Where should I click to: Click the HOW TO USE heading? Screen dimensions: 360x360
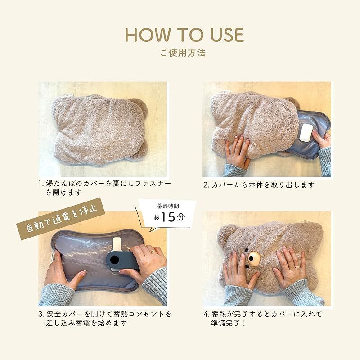[184, 35]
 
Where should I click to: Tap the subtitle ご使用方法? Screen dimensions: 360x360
[183, 53]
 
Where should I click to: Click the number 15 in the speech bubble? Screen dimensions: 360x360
[168, 217]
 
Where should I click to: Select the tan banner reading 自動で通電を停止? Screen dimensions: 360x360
[61, 218]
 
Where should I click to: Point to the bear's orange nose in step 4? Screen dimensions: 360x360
[253, 258]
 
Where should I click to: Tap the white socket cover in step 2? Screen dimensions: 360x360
[305, 132]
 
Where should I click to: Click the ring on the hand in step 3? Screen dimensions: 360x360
[153, 251]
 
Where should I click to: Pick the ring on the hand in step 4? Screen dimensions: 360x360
[297, 267]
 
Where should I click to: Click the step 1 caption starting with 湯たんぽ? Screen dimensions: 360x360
[105, 188]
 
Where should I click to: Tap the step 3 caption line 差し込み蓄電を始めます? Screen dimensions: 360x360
[86, 323]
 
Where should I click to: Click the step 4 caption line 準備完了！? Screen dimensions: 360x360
[229, 323]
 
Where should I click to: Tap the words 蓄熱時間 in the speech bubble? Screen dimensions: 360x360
[168, 206]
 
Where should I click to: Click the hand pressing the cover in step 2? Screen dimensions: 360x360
[238, 152]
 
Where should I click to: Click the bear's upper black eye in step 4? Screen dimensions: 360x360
[247, 250]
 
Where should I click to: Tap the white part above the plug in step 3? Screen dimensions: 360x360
[117, 244]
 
